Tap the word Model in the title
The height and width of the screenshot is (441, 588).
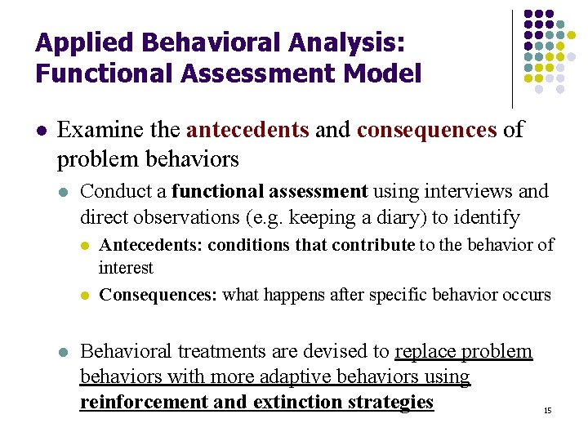[x=383, y=74]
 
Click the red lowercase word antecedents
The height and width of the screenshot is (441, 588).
[x=247, y=130]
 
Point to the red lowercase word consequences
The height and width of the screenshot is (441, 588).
[x=427, y=130]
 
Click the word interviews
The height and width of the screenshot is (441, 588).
[x=475, y=191]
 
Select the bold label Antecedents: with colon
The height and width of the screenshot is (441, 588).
[x=150, y=245]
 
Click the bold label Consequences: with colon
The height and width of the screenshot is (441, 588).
[x=158, y=295]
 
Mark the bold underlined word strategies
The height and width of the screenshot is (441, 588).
[x=389, y=403]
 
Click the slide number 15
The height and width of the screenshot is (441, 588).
[x=548, y=410]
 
